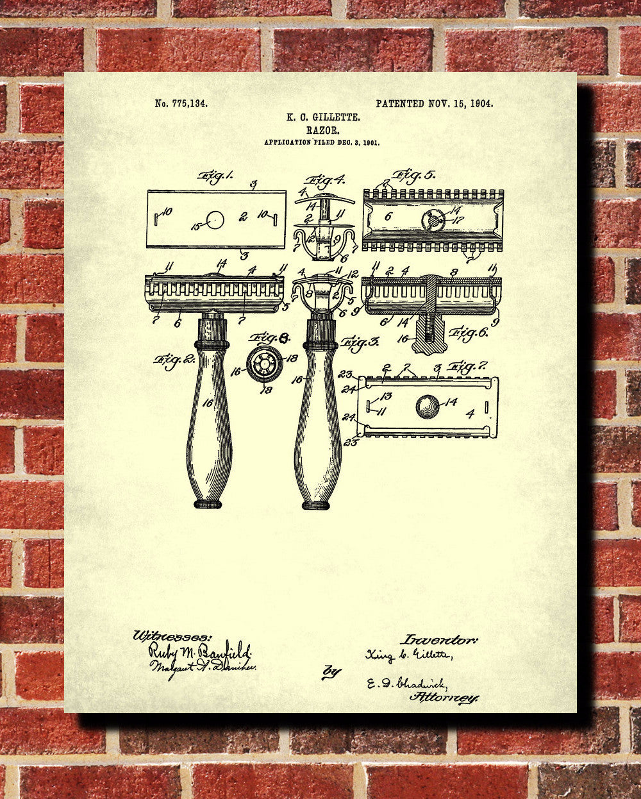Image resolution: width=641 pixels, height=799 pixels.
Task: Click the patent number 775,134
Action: (x=181, y=103)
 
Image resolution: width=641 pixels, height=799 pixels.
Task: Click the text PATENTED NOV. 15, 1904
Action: (x=434, y=103)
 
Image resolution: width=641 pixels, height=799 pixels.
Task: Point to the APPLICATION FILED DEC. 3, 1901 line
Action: (x=322, y=142)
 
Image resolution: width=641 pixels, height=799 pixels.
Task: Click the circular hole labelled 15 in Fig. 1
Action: (x=215, y=220)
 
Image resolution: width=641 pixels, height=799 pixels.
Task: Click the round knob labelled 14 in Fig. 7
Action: (x=428, y=406)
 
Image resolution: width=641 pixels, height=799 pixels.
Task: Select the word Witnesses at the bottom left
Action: (x=171, y=636)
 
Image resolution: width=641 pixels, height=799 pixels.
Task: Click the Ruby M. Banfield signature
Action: (x=200, y=651)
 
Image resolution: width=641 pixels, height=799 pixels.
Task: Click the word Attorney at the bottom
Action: (x=444, y=697)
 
